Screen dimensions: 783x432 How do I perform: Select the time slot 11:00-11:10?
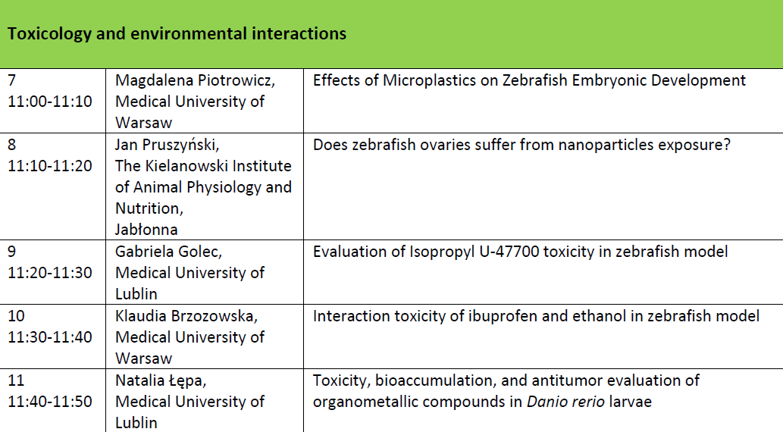(x=50, y=102)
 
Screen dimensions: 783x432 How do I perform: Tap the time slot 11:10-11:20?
(x=50, y=166)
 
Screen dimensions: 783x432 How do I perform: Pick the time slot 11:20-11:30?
(x=50, y=273)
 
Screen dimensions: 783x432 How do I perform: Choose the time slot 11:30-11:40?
(x=50, y=337)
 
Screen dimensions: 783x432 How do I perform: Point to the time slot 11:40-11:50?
(x=50, y=402)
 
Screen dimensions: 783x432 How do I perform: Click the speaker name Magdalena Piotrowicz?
(x=195, y=80)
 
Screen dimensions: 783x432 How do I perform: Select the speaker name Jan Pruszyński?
(x=167, y=145)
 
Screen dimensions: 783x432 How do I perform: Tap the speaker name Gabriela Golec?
(x=168, y=252)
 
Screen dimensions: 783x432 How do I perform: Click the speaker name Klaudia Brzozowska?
(x=186, y=316)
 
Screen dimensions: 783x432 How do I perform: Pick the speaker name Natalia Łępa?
(x=161, y=380)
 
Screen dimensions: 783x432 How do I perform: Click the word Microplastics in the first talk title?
(x=430, y=80)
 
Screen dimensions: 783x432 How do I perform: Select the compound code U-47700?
(x=509, y=252)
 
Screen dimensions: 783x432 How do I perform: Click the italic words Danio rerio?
(x=565, y=402)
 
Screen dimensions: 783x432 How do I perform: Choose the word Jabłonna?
(x=146, y=230)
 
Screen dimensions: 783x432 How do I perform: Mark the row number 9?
(x=12, y=252)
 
